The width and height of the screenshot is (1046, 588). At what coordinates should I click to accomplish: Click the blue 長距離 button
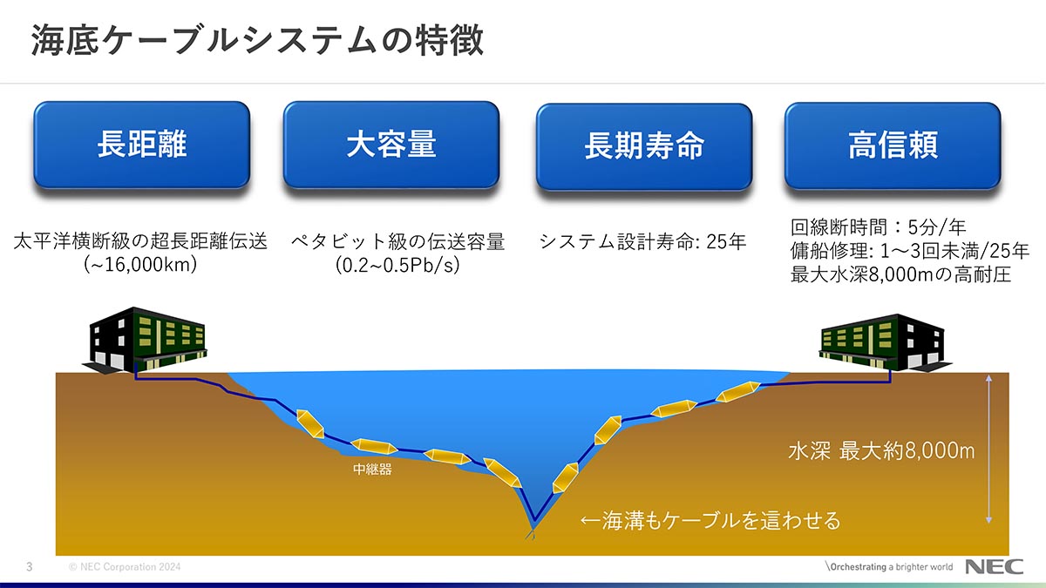141,145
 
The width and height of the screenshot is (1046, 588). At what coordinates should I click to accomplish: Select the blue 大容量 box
391,145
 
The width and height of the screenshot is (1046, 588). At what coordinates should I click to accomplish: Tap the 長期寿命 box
644,146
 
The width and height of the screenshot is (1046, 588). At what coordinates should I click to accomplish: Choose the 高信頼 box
893,145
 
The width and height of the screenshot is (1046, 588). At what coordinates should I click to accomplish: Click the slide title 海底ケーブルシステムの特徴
257,41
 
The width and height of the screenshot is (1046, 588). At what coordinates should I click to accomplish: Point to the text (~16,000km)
140,265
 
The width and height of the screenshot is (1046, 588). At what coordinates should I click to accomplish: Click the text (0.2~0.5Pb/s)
397,265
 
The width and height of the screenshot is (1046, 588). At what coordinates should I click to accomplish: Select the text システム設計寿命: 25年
642,242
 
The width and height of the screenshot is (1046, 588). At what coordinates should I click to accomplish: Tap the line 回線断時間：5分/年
878,227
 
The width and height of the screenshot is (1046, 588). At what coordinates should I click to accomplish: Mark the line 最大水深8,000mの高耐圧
900,274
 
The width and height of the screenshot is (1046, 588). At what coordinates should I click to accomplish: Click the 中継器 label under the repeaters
372,469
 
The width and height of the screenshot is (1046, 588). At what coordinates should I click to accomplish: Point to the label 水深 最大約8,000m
881,451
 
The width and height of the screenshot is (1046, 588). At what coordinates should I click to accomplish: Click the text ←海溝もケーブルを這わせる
710,521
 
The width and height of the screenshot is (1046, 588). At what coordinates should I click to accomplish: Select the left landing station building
145,340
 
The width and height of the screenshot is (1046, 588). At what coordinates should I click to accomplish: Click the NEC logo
994,566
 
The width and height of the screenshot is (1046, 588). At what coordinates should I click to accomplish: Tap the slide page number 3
30,567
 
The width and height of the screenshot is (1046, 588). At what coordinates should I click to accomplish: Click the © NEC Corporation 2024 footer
125,567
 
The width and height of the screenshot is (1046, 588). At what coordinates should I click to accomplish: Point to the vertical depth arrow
988,449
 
